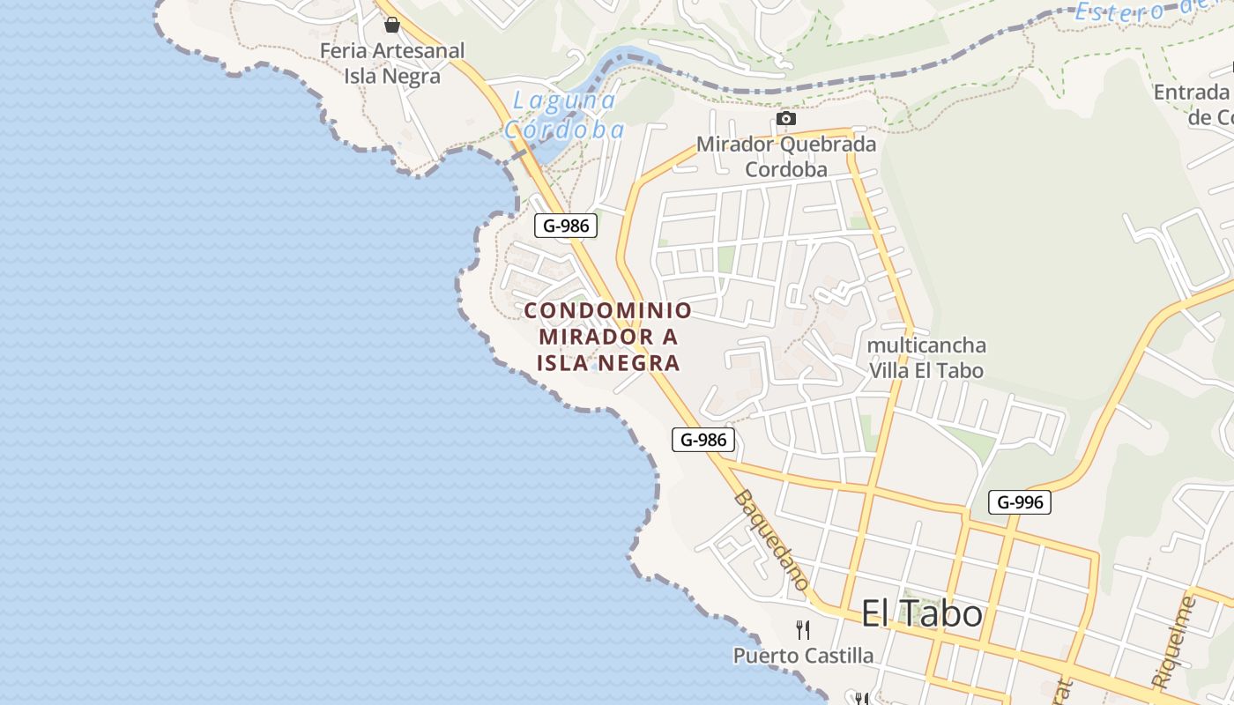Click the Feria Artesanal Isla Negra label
(391, 63)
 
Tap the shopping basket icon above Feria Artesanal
(392, 25)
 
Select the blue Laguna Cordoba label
(564, 115)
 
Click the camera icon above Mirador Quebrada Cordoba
(786, 118)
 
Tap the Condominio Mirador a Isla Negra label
(608, 337)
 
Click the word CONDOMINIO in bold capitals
(608, 311)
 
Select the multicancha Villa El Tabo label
(926, 357)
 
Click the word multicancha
(926, 345)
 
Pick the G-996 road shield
(1019, 502)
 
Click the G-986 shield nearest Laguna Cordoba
(566, 226)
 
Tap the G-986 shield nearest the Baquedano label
(702, 439)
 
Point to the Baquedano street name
(771, 540)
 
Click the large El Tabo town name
(921, 613)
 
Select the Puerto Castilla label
(803, 656)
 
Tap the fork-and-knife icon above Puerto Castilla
(803, 629)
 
